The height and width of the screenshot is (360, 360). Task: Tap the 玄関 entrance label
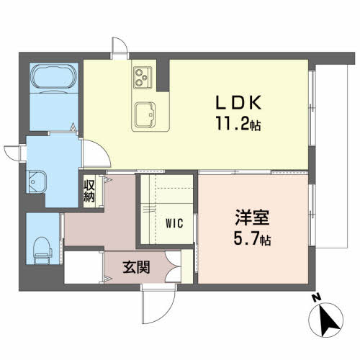pyautogui.click(x=136, y=269)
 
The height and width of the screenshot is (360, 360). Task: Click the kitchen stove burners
pyautogui.click(x=141, y=74)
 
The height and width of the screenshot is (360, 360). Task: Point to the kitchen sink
pyautogui.click(x=147, y=114)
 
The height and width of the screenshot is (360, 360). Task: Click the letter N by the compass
pyautogui.click(x=315, y=297)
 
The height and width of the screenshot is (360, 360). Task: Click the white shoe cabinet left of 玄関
pyautogui.click(x=83, y=266)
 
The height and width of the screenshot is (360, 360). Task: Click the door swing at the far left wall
pyautogui.click(x=13, y=155)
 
